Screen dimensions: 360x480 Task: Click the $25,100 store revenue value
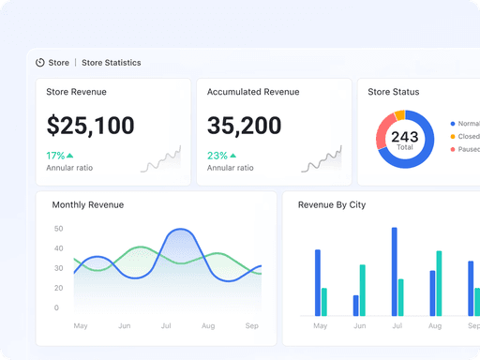[x=90, y=126]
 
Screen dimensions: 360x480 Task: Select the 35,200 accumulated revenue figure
[x=244, y=126]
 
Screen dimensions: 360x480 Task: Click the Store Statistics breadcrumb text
[x=112, y=63]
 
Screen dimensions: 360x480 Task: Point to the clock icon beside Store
[x=40, y=63]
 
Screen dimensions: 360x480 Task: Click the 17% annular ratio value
[x=55, y=156]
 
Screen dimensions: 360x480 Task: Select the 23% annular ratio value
[x=217, y=156]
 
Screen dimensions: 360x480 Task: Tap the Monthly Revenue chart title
[x=87, y=204]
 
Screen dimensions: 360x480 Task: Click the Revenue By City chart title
[x=332, y=204]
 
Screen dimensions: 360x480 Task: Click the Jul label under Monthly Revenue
[x=167, y=326]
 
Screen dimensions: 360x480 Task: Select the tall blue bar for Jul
[x=395, y=271]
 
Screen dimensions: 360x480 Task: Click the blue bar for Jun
[x=356, y=305]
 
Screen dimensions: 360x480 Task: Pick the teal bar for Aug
[x=439, y=282]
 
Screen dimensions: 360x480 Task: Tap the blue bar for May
[x=318, y=282]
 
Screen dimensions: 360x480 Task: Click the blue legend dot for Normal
[x=453, y=123]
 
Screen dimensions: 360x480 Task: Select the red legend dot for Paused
[x=453, y=149]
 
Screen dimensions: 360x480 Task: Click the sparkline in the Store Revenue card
[x=159, y=160]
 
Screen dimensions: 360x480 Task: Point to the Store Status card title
[x=393, y=92]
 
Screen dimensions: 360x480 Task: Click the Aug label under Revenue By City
[x=434, y=326]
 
